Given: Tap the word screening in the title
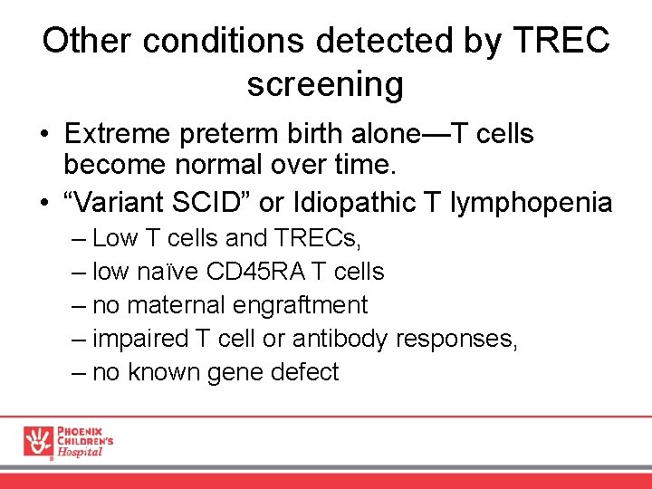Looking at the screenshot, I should point(325,84).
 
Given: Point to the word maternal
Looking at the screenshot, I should point(186,305).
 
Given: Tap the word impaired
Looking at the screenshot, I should point(141,340).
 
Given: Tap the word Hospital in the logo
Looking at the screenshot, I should point(81,452).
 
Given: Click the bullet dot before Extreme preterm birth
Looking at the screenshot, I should point(44,135).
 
